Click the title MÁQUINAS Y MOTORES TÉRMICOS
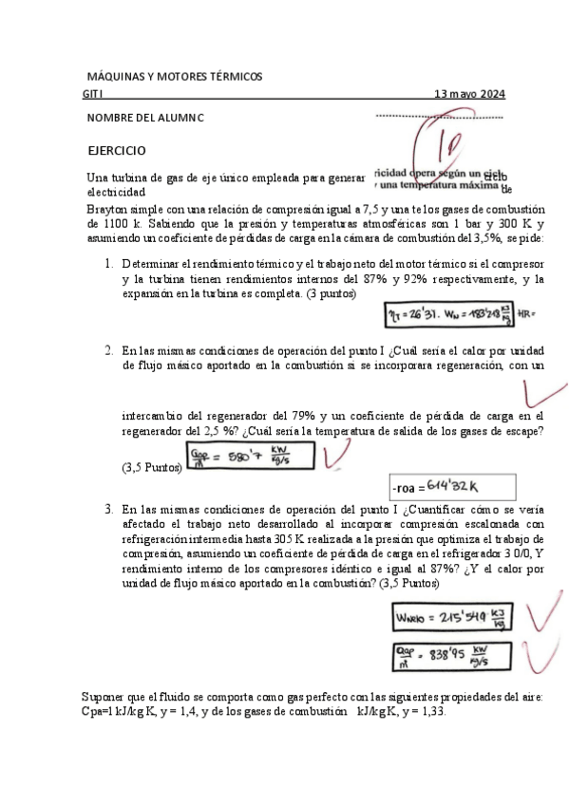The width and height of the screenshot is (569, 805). tap(174, 76)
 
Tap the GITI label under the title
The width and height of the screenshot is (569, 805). tap(93, 94)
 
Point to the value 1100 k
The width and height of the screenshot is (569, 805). tap(122, 224)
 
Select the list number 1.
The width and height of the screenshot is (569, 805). tap(110, 262)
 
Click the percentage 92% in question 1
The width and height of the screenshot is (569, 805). tap(440, 279)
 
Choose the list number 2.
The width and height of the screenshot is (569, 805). tap(110, 349)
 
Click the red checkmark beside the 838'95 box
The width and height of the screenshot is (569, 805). tap(543, 653)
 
